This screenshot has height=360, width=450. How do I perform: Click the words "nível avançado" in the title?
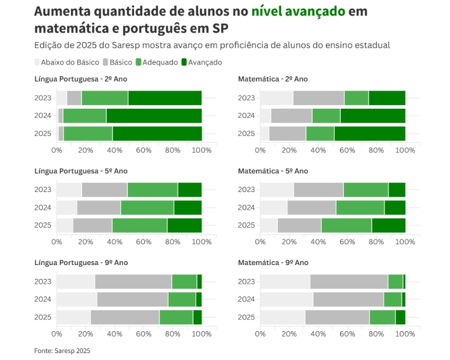[x=298, y=11]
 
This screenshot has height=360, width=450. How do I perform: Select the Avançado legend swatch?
[x=185, y=62]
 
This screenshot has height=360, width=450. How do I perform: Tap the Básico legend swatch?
[x=106, y=62]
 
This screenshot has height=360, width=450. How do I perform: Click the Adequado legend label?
[x=160, y=62]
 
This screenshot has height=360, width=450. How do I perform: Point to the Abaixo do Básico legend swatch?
[x=37, y=62]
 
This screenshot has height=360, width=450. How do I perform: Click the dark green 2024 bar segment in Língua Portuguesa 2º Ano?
[x=154, y=116]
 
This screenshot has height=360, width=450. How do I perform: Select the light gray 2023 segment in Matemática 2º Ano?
[x=276, y=98]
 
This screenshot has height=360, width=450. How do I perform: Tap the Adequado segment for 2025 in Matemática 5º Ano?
[x=346, y=226]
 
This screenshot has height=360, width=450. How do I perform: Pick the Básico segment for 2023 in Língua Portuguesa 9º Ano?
[x=133, y=282]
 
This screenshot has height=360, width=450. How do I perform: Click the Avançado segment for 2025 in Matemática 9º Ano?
[x=400, y=317]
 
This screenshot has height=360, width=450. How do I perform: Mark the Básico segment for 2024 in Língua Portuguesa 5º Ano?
[x=99, y=207]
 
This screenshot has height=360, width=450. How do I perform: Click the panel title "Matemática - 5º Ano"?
[x=272, y=171]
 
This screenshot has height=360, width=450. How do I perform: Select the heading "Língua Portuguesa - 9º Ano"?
[x=81, y=262]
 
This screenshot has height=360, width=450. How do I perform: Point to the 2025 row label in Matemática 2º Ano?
[x=246, y=133]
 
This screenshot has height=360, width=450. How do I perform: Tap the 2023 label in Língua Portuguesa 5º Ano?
[x=43, y=190]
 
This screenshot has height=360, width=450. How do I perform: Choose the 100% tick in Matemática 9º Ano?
[x=405, y=334]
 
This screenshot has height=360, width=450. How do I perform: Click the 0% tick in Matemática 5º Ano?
[x=260, y=242]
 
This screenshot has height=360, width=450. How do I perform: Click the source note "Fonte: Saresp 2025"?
[x=62, y=350]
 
